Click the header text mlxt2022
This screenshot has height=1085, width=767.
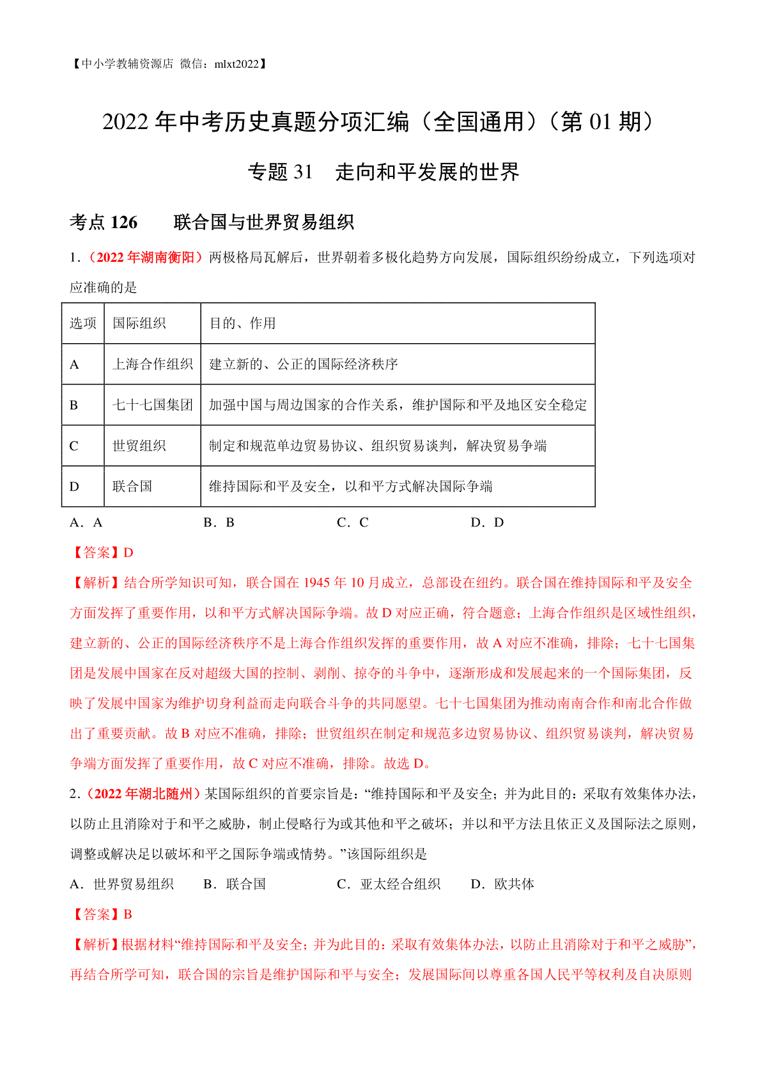coord(236,64)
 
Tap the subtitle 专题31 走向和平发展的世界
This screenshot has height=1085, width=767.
coord(383,172)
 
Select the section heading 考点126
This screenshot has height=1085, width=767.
coord(104,222)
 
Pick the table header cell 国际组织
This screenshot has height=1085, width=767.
coord(139,323)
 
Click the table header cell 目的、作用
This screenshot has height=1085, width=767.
coord(242,323)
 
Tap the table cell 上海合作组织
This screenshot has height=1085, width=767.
coord(152,364)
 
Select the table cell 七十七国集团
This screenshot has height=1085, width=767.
coord(152,405)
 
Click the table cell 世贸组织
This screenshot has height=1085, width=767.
coord(139,446)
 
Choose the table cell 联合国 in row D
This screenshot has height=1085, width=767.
coord(132,486)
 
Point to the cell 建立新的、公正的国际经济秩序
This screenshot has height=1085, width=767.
coord(304,364)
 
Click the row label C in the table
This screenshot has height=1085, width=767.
coord(74,446)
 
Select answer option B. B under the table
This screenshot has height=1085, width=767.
coord(219,523)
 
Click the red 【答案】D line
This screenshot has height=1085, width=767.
coord(102,553)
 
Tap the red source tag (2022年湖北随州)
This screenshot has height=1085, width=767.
coord(144,794)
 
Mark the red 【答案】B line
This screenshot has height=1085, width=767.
coord(101,914)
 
